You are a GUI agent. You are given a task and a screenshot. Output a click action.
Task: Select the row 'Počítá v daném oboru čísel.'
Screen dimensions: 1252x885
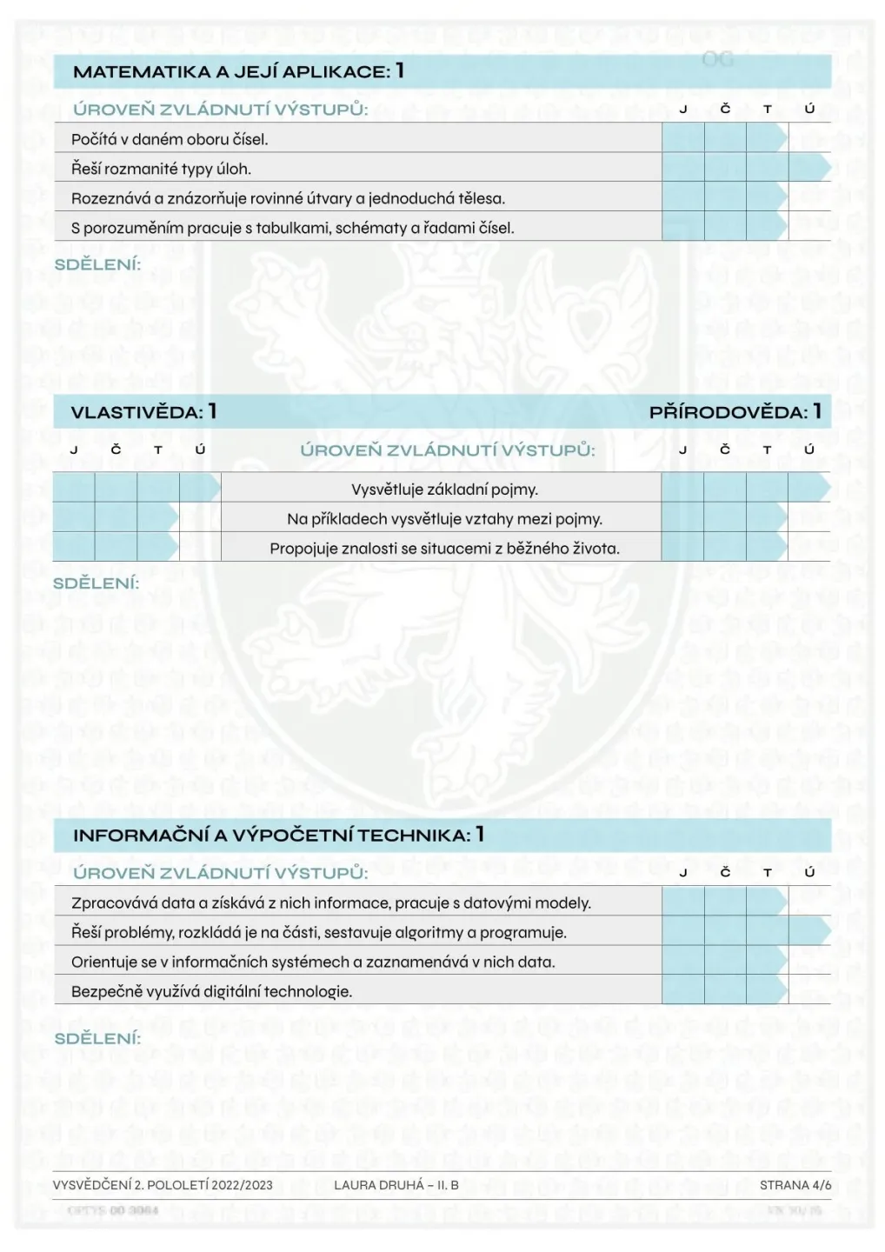pyautogui.click(x=170, y=139)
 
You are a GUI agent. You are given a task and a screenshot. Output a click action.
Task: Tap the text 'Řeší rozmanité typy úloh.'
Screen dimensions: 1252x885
pyautogui.click(x=161, y=169)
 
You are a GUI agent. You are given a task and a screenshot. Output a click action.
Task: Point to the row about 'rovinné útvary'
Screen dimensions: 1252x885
pyautogui.click(x=288, y=198)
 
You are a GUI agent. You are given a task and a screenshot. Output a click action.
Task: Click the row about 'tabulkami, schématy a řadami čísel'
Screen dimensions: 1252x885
pyautogui.click(x=292, y=228)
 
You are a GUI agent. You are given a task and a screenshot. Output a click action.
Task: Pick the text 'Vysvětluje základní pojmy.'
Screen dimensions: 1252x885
pyautogui.click(x=444, y=489)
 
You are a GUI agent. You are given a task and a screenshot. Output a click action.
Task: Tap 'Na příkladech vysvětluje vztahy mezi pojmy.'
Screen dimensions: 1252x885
pyautogui.click(x=444, y=519)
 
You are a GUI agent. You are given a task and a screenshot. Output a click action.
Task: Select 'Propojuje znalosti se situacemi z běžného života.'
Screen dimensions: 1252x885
pyautogui.click(x=444, y=549)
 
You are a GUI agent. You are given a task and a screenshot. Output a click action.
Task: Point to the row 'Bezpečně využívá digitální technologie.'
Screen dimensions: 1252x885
pyautogui.click(x=211, y=991)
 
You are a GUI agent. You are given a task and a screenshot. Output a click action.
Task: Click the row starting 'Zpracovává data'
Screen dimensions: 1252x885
pyautogui.click(x=330, y=902)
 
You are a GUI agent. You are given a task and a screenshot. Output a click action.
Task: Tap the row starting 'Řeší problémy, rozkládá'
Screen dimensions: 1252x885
pyautogui.click(x=318, y=932)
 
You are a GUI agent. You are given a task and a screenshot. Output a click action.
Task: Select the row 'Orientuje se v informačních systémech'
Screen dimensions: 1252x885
pyautogui.click(x=313, y=962)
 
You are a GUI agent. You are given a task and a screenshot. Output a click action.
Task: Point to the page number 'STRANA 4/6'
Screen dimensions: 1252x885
pyautogui.click(x=795, y=1185)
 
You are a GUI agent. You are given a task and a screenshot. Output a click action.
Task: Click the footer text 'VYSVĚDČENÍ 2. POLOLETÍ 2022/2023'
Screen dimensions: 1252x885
pyautogui.click(x=163, y=1185)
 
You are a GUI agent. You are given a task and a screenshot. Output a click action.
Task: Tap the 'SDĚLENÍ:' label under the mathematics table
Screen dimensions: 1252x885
pyautogui.click(x=97, y=264)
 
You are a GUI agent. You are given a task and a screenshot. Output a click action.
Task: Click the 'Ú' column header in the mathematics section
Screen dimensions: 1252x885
pyautogui.click(x=809, y=110)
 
